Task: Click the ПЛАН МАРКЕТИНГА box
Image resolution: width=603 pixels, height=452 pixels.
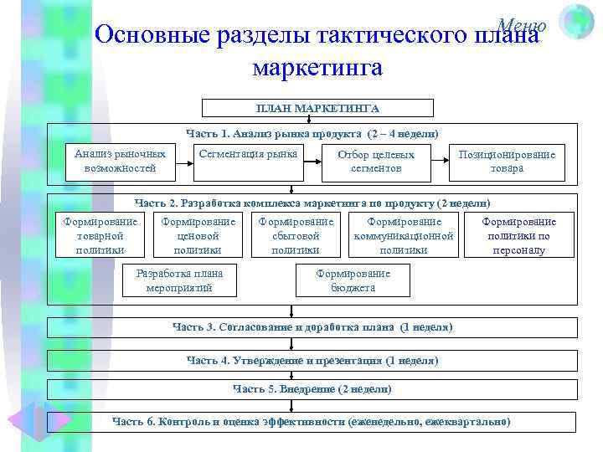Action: click(x=317, y=108)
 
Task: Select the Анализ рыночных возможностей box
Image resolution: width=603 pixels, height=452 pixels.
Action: click(x=120, y=162)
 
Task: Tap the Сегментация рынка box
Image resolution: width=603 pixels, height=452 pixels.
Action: click(x=248, y=155)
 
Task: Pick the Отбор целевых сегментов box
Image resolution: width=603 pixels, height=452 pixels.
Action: click(x=376, y=162)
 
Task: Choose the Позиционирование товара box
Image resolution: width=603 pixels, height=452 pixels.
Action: click(x=508, y=162)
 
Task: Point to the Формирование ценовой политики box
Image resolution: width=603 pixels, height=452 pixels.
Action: click(x=198, y=235)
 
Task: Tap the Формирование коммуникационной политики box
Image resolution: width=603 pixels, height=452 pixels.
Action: click(x=404, y=235)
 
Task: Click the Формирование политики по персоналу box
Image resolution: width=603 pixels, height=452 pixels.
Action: click(x=518, y=235)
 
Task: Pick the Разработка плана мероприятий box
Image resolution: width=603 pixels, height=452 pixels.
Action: click(x=179, y=280)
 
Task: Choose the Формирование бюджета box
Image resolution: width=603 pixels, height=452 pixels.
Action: click(x=353, y=280)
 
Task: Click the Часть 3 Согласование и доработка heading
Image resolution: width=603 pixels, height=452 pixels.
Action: click(x=312, y=327)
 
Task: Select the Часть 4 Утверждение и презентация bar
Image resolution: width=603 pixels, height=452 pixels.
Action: click(x=312, y=361)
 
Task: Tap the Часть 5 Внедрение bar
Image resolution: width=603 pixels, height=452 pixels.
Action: click(x=312, y=389)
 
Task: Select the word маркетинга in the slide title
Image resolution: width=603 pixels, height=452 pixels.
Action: click(x=317, y=67)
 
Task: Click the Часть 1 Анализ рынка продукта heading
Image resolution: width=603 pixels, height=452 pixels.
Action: click(x=312, y=134)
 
